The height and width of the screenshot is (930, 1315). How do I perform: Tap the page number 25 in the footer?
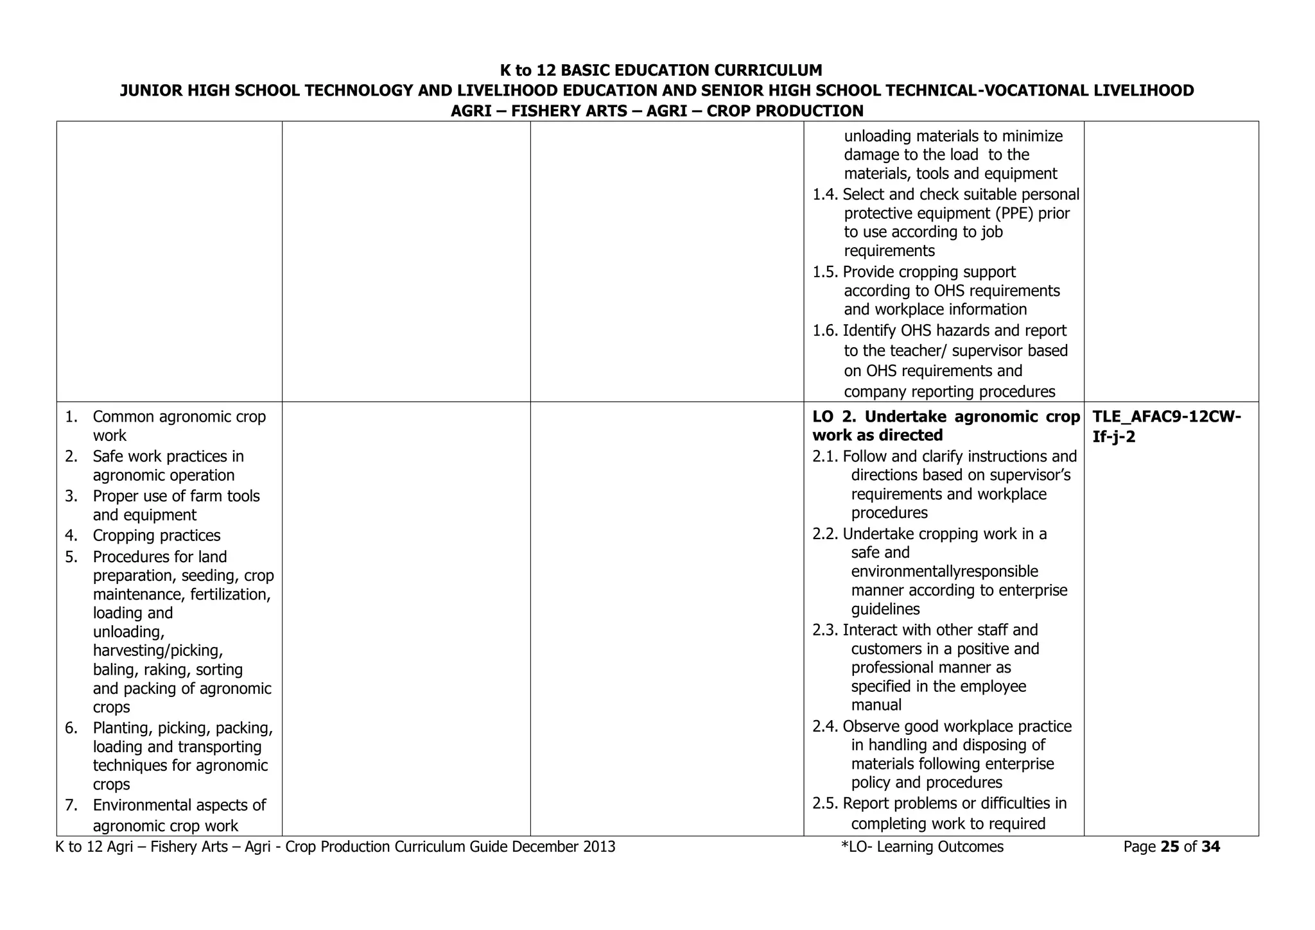[1170, 847]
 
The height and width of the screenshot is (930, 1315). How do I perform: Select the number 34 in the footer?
[1210, 847]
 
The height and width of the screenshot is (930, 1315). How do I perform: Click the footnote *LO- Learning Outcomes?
[922, 847]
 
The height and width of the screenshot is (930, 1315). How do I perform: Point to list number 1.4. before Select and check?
[826, 194]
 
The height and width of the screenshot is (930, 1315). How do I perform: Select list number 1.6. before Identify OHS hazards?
[826, 331]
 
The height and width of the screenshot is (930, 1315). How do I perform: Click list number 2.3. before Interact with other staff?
[826, 630]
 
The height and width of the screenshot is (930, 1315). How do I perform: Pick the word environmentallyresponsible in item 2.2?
[945, 572]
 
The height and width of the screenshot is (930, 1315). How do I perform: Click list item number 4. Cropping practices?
[71, 536]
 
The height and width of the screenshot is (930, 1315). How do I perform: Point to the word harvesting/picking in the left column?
[158, 651]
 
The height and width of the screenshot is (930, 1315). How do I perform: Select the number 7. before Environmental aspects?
[71, 805]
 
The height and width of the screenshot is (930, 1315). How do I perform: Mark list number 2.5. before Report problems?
[826, 804]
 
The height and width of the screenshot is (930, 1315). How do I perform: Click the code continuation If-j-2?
[1113, 438]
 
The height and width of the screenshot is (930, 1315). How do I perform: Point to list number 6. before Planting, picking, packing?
[71, 728]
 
